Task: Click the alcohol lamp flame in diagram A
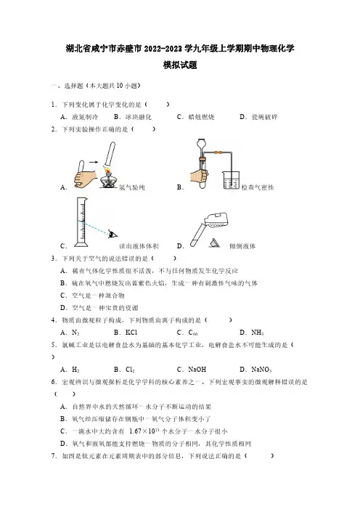107,170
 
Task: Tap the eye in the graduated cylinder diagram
113,234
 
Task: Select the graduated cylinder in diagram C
81,222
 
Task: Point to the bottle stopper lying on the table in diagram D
215,243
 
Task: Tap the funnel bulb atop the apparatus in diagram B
202,143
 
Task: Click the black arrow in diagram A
94,162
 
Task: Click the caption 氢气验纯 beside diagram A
132,187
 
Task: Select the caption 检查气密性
258,187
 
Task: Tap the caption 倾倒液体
242,246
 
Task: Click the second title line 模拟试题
180,65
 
